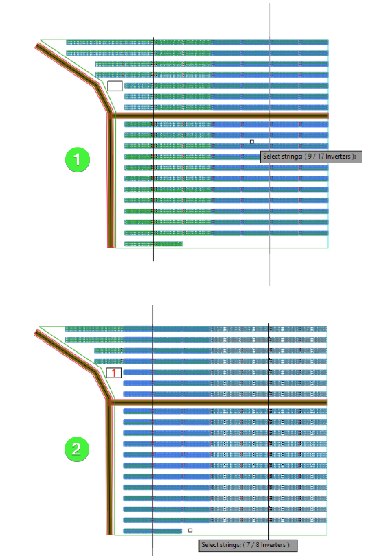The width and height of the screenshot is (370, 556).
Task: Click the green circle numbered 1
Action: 78,159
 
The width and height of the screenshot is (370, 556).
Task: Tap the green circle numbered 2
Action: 77,450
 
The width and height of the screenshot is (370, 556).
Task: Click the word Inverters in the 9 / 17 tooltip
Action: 338,157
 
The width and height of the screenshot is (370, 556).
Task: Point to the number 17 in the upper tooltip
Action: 321,157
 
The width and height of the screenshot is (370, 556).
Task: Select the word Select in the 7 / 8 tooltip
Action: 209,544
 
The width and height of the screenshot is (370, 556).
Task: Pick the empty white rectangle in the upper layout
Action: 115,86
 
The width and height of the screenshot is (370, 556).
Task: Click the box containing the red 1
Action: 114,373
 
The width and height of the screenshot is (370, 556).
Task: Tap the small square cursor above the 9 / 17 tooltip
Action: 252,142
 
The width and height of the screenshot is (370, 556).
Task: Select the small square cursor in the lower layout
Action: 190,531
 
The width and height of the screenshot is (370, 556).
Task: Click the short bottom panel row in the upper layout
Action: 153,244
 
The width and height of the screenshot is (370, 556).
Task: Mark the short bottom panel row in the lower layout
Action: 152,531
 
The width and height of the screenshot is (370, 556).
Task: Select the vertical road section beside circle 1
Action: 111,181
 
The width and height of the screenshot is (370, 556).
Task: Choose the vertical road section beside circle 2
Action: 110,467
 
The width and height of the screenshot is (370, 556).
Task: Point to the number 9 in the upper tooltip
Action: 310,157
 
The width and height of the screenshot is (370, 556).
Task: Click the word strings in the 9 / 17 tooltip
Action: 291,157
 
